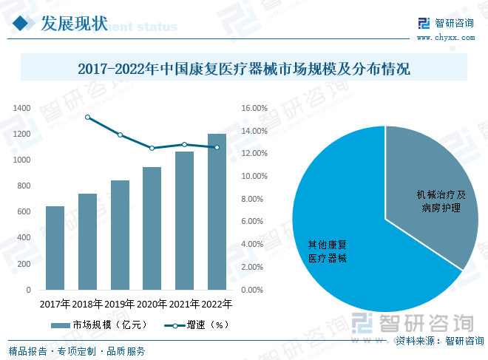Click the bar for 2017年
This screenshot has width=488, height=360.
click(55, 248)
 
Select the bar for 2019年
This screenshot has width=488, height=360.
click(120, 235)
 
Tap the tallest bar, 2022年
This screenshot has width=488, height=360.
click(217, 211)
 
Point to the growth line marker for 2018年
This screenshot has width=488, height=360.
click(88, 117)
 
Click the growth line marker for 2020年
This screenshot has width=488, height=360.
click(152, 148)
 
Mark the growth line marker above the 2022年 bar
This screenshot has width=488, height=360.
click(217, 147)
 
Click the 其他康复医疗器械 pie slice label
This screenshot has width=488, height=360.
click(328, 251)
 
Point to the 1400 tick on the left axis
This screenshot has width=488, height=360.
click(22, 109)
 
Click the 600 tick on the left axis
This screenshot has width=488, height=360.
click(24, 212)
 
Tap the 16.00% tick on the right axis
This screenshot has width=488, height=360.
click(254, 109)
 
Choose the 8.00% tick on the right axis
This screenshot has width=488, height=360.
click(254, 199)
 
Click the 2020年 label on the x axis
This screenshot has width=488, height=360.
click(152, 304)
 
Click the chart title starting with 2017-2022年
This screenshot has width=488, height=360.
click(244, 70)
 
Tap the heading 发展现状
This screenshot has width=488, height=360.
click(74, 24)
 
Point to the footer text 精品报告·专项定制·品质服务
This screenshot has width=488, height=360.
click(77, 351)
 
